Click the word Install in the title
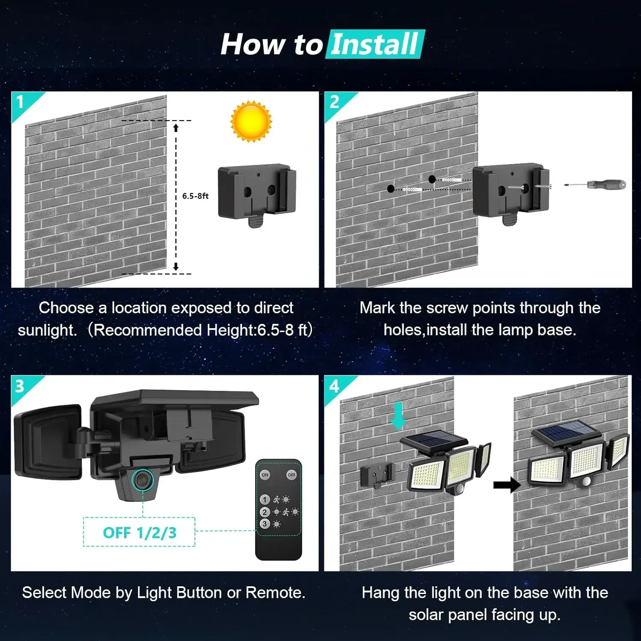click(375, 44)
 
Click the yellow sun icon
click(251, 121)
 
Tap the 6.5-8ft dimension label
click(195, 196)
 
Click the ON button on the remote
click(265, 475)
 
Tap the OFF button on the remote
click(291, 475)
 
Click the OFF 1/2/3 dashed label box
click(139, 532)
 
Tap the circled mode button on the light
click(142, 479)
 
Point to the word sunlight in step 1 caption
click(47, 330)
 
